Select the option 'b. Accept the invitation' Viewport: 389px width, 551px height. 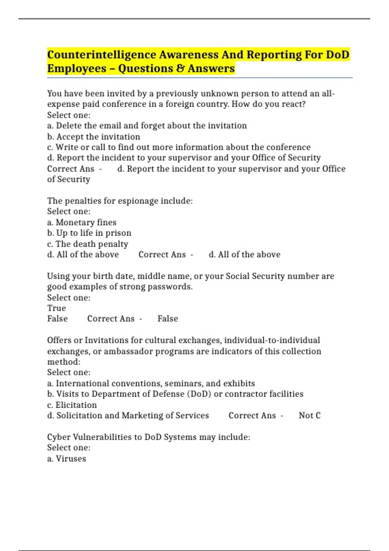[x=94, y=136]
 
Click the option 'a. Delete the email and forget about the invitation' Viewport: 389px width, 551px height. [x=147, y=126]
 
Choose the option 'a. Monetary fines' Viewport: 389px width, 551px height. [x=82, y=222]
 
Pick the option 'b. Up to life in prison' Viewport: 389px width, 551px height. [x=89, y=233]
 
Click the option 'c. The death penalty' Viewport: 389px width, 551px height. [x=88, y=244]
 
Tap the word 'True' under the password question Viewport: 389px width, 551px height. [x=56, y=308]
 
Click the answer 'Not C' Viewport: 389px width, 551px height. [x=310, y=416]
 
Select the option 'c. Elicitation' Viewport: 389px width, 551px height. [x=72, y=405]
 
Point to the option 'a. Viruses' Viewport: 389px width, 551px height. [x=66, y=459]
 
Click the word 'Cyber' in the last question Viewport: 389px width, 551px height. [x=59, y=437]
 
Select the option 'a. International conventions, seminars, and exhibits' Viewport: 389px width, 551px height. [x=151, y=383]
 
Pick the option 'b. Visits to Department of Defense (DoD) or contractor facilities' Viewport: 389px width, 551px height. [x=175, y=394]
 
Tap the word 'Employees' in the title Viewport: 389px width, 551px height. [x=77, y=69]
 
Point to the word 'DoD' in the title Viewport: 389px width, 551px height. [x=337, y=55]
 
